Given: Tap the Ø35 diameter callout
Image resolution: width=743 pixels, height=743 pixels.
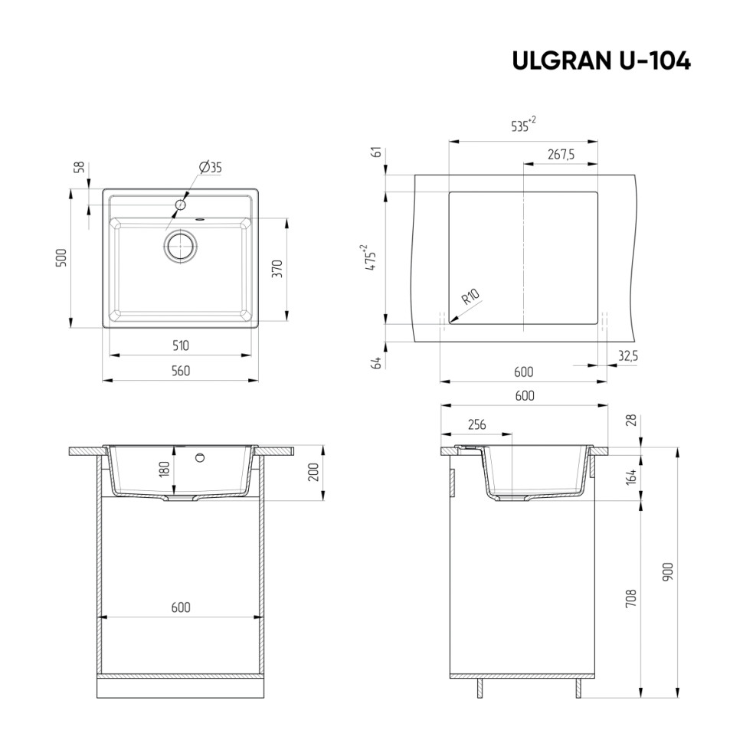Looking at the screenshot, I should click(x=210, y=168).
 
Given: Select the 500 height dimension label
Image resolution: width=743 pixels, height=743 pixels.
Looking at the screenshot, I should click(x=64, y=257).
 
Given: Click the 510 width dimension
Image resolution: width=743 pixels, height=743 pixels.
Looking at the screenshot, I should click(x=180, y=345).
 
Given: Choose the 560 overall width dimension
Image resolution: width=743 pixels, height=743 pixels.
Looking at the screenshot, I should click(x=180, y=371).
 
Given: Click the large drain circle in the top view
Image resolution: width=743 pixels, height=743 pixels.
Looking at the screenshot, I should click(x=181, y=245).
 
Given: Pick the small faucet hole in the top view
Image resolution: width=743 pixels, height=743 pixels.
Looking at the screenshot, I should click(x=181, y=205).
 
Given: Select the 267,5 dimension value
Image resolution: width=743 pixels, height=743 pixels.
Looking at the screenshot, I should click(x=561, y=155).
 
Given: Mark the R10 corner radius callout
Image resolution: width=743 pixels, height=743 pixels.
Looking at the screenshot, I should click(x=471, y=296).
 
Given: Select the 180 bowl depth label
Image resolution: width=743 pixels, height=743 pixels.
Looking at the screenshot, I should click(x=163, y=469).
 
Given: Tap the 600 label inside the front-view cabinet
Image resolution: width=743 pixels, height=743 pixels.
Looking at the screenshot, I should click(x=180, y=607).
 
